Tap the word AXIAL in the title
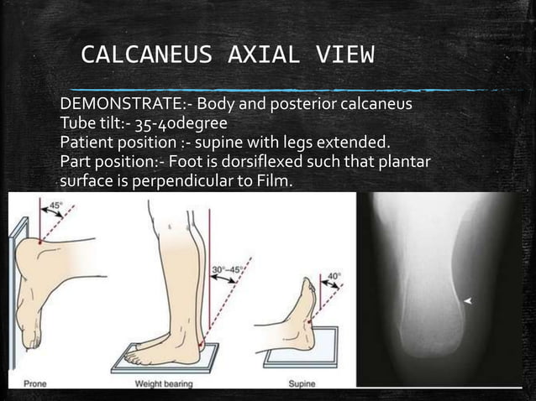coord(264,56)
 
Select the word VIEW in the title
coord(344,56)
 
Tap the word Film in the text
coord(273,180)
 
